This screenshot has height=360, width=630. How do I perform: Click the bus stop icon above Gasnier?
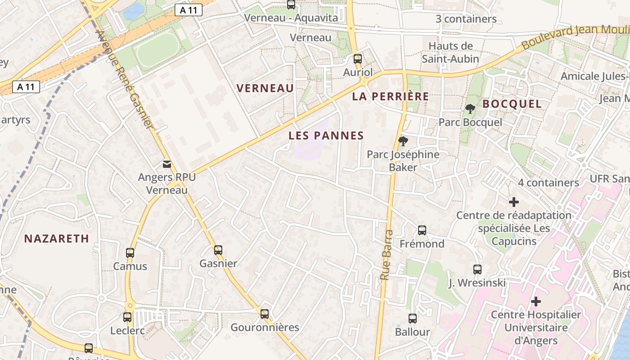218,250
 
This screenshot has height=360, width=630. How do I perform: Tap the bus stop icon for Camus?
130,252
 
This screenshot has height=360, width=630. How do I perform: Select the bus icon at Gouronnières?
265,314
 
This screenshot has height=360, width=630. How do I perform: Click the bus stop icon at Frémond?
422,230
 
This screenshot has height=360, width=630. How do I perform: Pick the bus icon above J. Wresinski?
477,270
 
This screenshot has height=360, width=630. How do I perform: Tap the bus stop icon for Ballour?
413,319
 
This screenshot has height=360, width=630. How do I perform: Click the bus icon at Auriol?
358,59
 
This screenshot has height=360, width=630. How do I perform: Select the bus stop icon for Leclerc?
127,317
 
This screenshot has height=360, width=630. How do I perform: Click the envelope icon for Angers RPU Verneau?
167,164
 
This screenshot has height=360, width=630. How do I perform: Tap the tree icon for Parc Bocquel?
470,108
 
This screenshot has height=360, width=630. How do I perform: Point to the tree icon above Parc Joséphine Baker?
403,141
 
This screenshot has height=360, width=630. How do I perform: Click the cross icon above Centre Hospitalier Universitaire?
535,301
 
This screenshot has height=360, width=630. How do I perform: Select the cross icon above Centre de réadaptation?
513,202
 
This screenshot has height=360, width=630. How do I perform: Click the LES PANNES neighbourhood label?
326,135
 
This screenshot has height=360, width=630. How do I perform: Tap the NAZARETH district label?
57,238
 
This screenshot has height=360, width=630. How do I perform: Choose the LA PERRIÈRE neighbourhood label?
391,96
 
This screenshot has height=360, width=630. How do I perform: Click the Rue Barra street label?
387,255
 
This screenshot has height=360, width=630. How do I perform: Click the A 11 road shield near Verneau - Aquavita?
189,10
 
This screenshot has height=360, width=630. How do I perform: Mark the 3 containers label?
466,19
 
